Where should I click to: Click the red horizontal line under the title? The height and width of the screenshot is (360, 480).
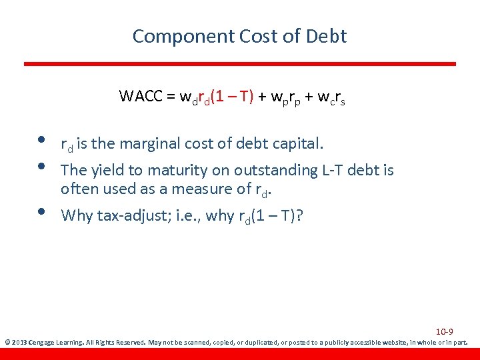click(240, 64)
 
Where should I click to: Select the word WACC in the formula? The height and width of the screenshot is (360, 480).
click(139, 96)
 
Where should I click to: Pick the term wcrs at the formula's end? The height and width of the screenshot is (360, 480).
click(330, 97)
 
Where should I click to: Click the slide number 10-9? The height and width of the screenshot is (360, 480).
click(444, 332)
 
